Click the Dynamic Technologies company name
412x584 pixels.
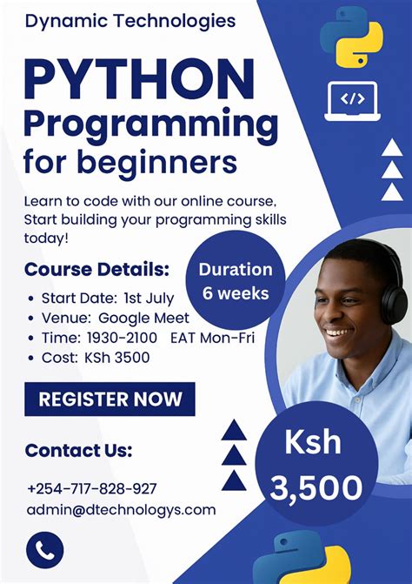pos(130,20)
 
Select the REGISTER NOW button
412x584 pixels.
pos(110,399)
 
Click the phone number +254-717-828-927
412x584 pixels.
pos(92,488)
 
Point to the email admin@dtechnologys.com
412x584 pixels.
pos(121,509)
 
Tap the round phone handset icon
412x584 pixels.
pos(45,550)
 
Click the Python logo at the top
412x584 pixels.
pos(351,37)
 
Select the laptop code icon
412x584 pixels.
pos(351,100)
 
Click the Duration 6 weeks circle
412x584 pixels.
pos(236,280)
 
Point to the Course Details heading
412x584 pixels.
pos(97,268)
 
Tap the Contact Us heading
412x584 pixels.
pos(78,450)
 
